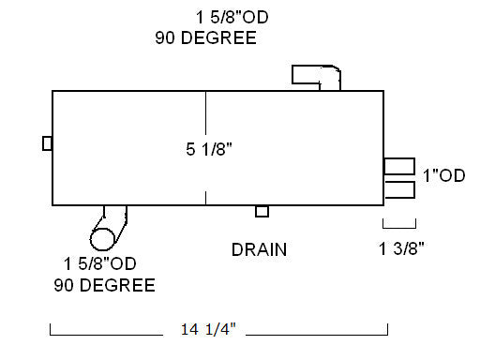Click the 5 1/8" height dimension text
click(x=209, y=149)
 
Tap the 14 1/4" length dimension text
click(x=208, y=329)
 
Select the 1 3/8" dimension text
click(x=401, y=248)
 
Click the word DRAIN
click(x=259, y=249)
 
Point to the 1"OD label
click(x=444, y=175)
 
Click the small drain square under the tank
click(x=262, y=212)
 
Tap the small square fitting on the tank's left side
click(x=47, y=143)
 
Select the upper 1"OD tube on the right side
click(x=399, y=166)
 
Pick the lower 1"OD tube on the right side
click(x=400, y=189)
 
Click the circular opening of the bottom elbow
click(x=102, y=240)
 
